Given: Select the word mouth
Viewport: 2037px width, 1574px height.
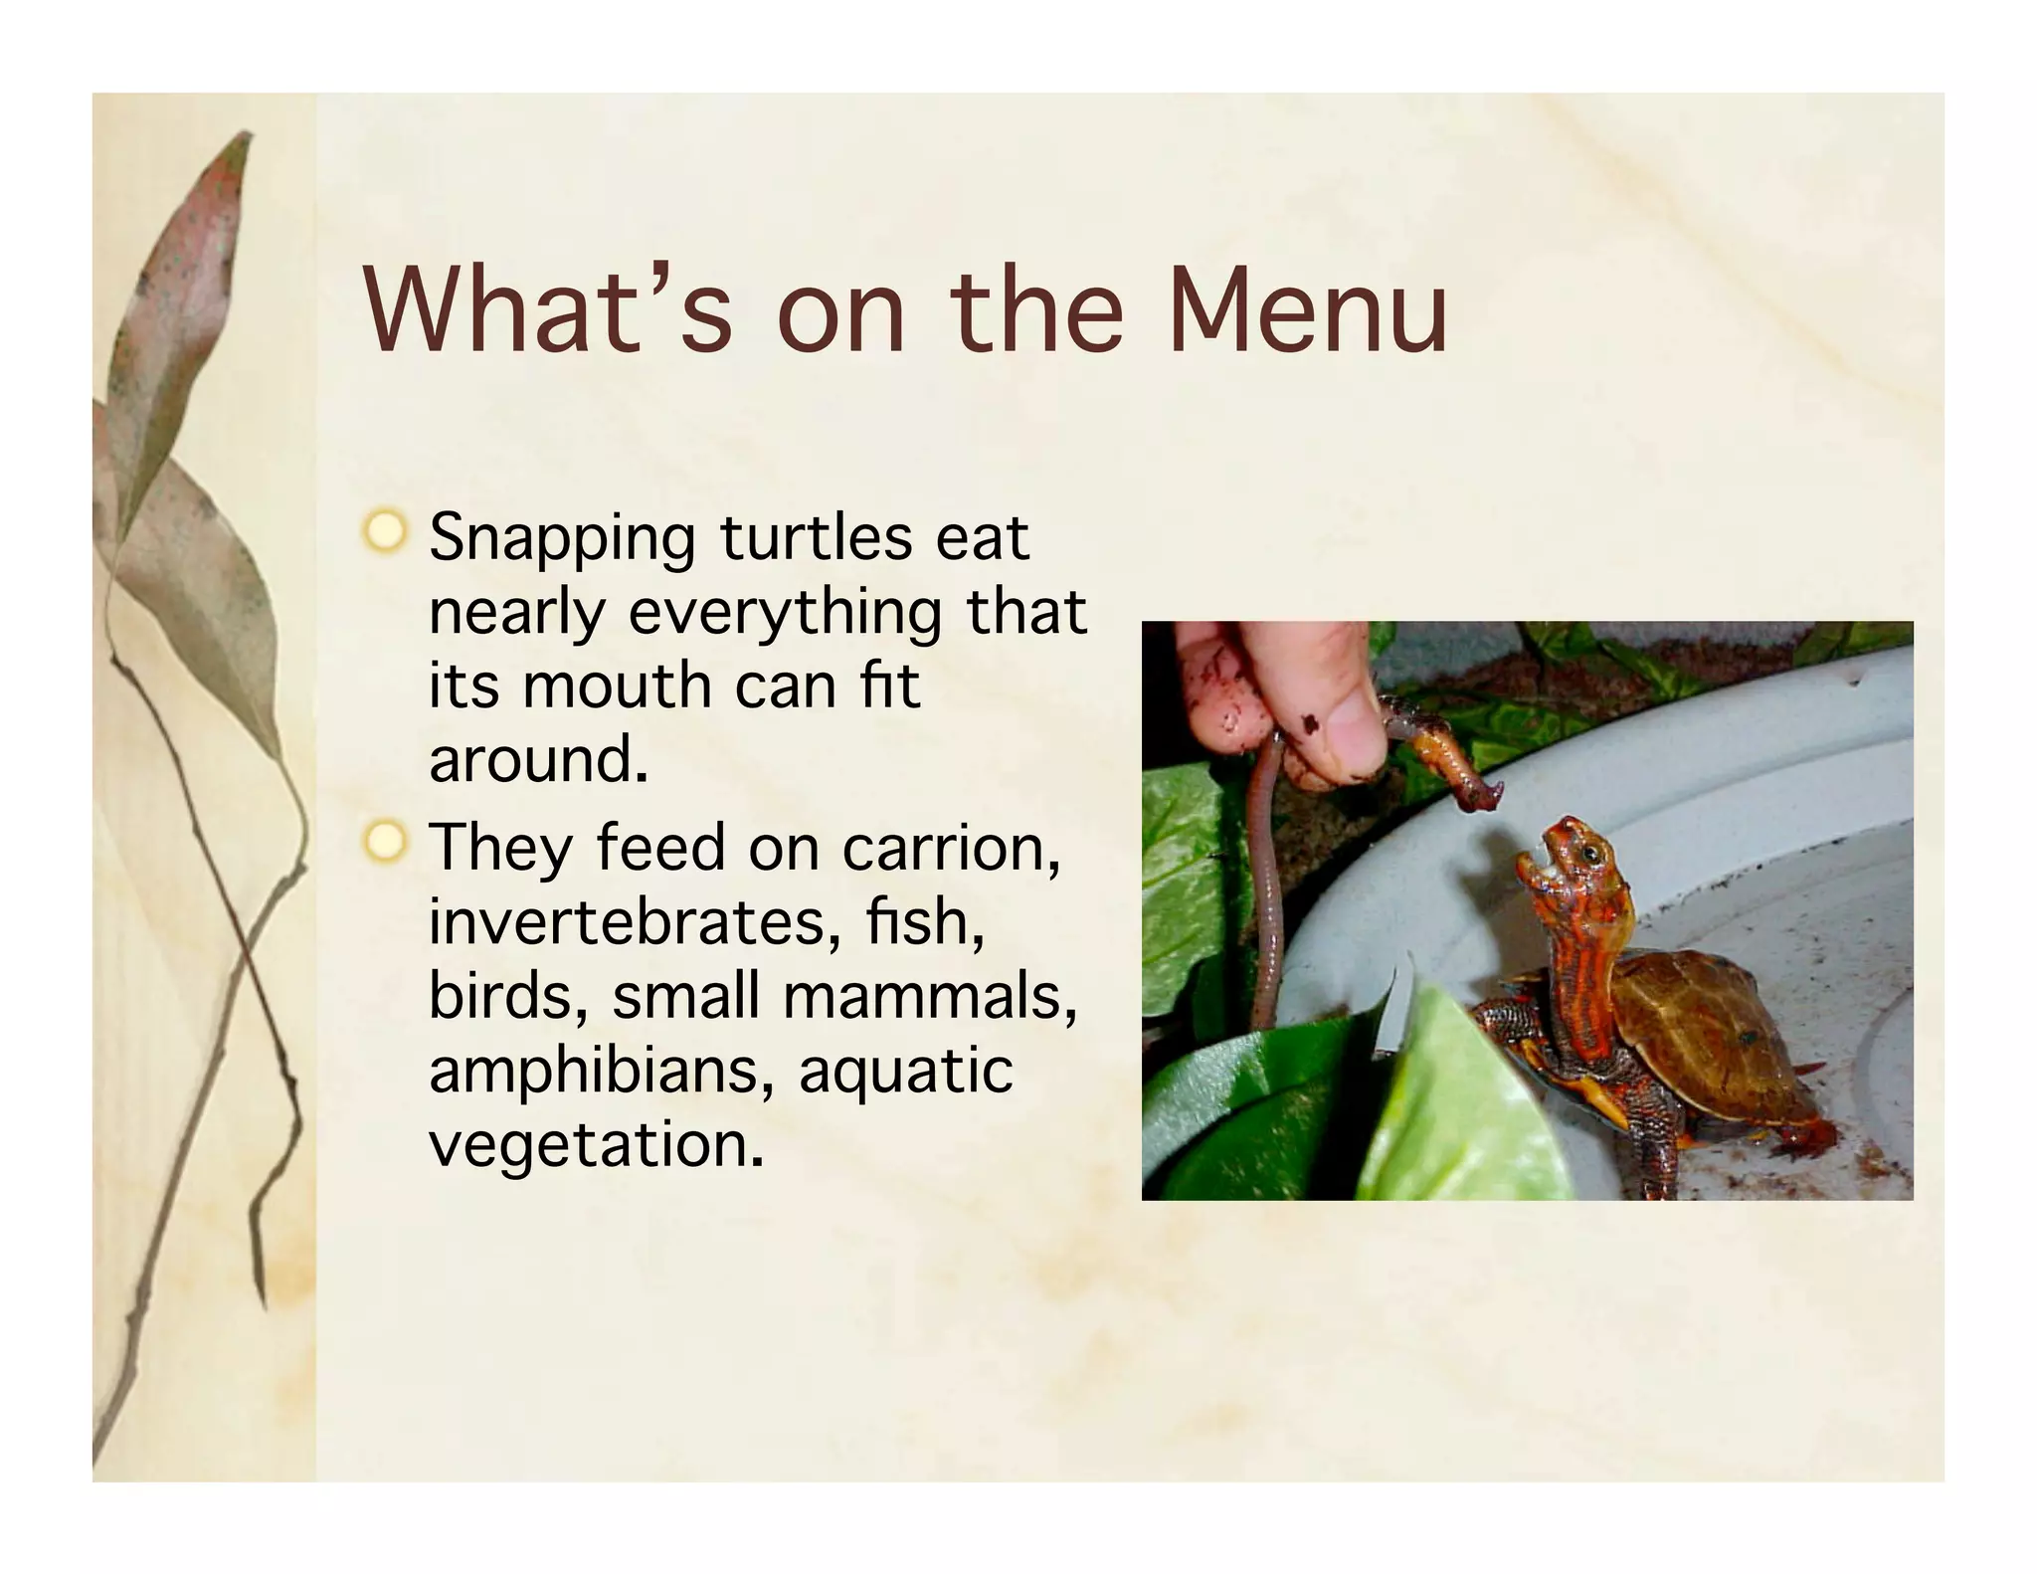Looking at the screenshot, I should click(x=618, y=687).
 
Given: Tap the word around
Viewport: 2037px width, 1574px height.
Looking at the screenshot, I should click(x=537, y=760).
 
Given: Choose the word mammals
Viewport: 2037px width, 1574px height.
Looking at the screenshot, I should click(x=930, y=996).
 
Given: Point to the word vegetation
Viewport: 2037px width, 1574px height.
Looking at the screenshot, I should click(x=596, y=1144).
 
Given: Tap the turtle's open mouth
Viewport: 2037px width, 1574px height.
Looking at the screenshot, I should click(x=1536, y=868).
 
